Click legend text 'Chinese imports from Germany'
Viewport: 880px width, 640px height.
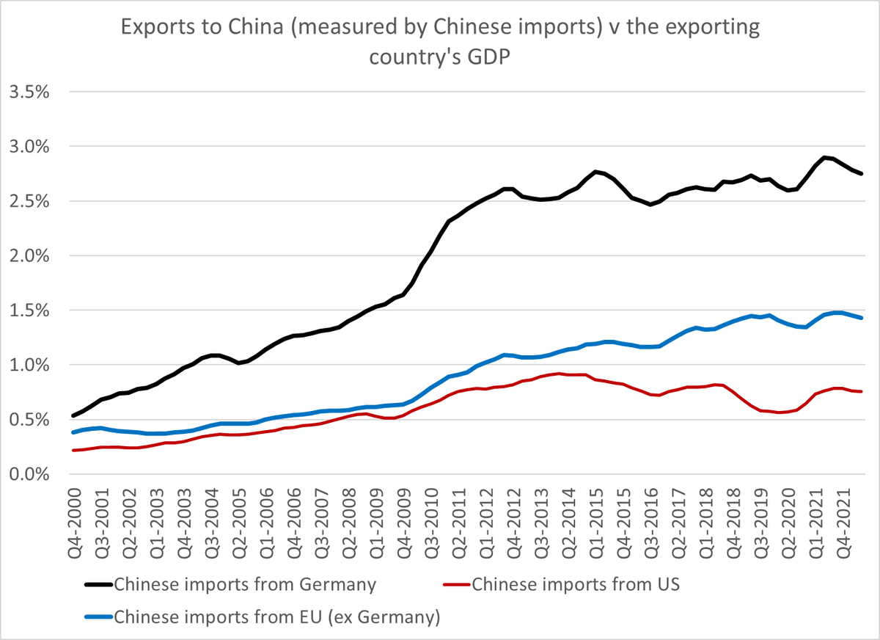pos(245,585)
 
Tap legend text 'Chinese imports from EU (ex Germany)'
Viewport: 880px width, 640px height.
pos(276,617)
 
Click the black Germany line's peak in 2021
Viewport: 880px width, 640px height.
pos(826,157)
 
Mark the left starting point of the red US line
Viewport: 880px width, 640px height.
pos(73,450)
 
